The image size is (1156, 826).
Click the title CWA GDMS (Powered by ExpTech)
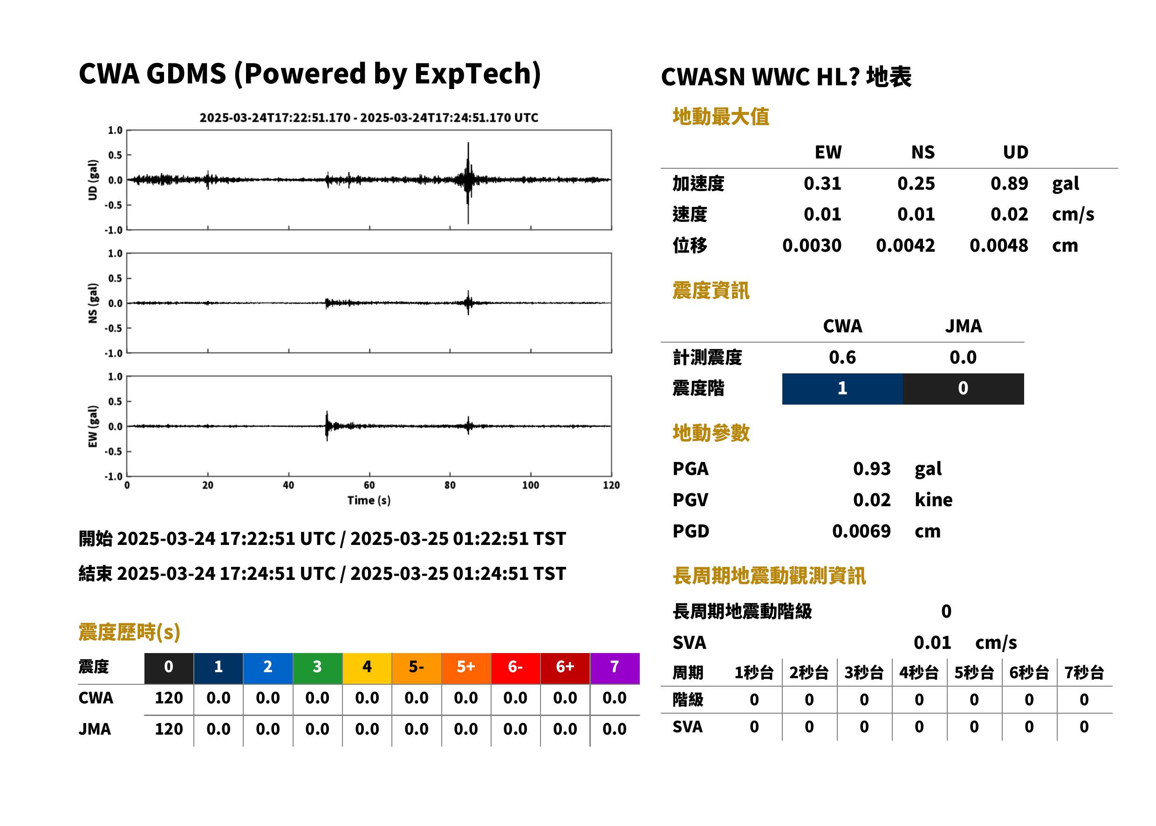(x=309, y=74)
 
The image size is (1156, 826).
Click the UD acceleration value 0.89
(x=1009, y=183)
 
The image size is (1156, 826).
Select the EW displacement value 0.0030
(x=812, y=245)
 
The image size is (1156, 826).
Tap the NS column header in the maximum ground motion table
(x=923, y=152)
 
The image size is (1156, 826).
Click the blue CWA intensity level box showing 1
(x=842, y=389)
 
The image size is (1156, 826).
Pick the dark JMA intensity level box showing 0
(x=964, y=389)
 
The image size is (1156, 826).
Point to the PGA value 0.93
(x=872, y=468)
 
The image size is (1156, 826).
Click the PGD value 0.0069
(x=861, y=531)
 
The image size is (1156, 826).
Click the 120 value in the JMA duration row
(x=169, y=729)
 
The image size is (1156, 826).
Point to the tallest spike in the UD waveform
(x=468, y=144)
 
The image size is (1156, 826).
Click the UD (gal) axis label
(x=93, y=180)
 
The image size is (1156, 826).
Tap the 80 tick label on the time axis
(x=450, y=485)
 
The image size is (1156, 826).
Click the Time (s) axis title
(x=369, y=501)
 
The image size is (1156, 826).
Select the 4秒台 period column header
(x=918, y=673)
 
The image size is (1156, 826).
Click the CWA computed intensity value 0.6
(x=842, y=357)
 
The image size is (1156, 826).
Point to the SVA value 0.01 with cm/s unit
(x=932, y=642)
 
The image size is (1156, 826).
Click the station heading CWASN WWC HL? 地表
(x=786, y=77)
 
